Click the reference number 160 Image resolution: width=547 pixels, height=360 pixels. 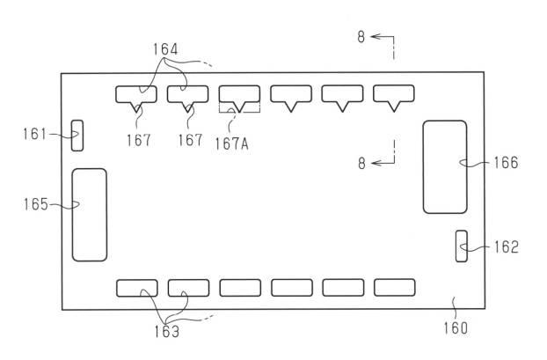(x=456, y=328)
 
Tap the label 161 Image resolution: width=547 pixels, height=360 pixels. (x=34, y=134)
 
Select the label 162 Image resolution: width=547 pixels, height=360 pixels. (x=507, y=246)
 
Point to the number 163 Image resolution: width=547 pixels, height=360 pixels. (x=167, y=332)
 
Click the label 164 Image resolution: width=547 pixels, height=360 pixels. (x=165, y=49)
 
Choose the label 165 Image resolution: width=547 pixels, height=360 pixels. (x=35, y=204)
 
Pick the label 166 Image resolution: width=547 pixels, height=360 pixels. (x=506, y=163)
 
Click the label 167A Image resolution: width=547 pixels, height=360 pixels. (x=231, y=143)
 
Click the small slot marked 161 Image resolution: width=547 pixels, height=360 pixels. (x=77, y=136)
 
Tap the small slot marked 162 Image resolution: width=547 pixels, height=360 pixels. (x=462, y=246)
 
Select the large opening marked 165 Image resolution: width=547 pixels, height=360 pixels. (x=90, y=215)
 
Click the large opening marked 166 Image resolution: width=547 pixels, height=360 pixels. (x=445, y=167)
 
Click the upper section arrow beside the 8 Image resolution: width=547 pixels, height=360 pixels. (x=382, y=36)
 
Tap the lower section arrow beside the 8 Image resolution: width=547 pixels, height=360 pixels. (x=383, y=163)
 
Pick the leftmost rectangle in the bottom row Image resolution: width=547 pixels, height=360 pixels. (x=137, y=288)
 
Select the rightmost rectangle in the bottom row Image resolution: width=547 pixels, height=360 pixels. (x=395, y=287)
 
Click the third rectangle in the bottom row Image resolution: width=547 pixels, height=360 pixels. (x=240, y=288)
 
